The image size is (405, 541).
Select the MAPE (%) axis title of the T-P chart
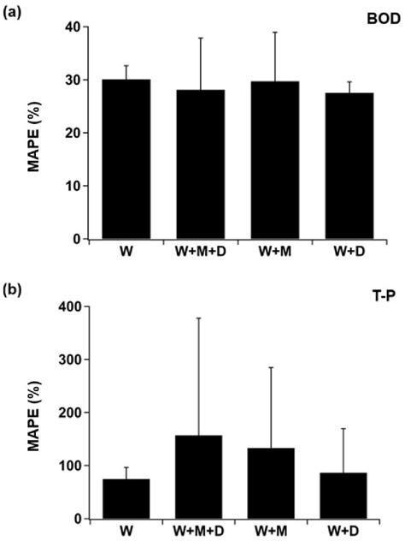tap(37, 413)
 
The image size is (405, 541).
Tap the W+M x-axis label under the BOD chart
tap(275, 253)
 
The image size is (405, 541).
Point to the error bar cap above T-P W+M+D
tap(201, 318)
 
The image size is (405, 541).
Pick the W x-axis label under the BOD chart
tap(126, 253)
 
